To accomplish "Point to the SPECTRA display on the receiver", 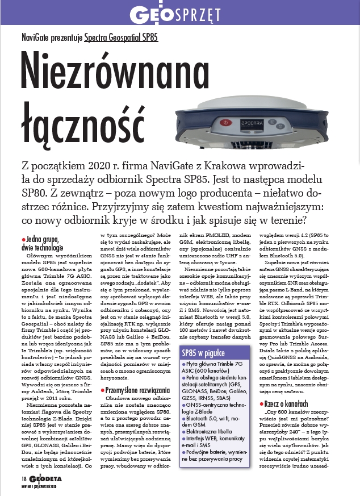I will pyautogui.click(x=251, y=122).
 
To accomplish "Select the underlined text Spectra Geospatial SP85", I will pyautogui.click(x=121, y=39).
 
